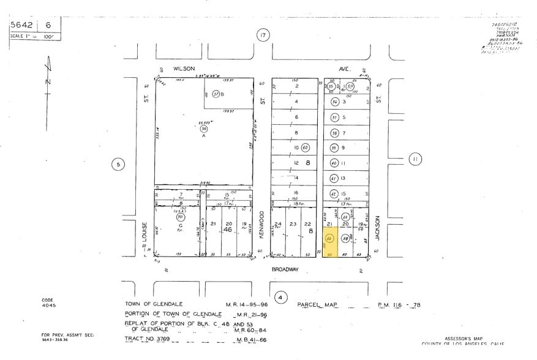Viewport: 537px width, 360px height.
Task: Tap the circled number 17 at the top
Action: [263, 36]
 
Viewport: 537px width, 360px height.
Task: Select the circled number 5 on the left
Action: [118, 163]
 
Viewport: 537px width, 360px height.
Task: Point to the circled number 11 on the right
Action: [416, 159]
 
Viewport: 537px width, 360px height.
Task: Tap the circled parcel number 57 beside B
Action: [216, 94]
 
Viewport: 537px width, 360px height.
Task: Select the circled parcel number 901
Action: [181, 217]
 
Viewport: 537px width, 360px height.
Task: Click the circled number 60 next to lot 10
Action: [305, 148]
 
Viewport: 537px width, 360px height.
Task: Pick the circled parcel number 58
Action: [345, 238]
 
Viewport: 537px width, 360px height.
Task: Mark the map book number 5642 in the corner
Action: [23, 26]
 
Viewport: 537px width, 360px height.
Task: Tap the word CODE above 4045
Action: [48, 300]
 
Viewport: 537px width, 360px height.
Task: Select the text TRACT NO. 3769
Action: [149, 338]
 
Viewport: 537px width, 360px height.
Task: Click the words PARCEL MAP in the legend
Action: [317, 304]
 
